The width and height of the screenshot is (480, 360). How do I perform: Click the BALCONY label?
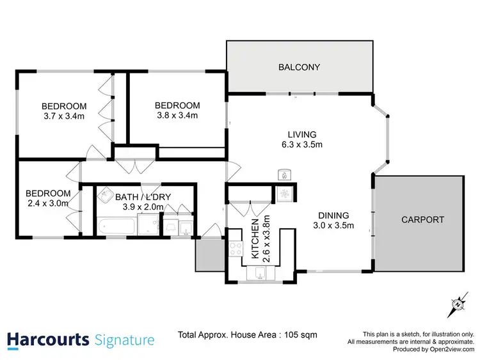(x=299, y=67)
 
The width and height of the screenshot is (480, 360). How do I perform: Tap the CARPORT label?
(x=422, y=219)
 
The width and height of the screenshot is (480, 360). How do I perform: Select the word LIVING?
(x=301, y=134)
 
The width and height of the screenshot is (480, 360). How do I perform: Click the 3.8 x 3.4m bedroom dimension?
(x=178, y=115)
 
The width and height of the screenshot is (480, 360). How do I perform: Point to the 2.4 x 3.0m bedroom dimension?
(x=48, y=203)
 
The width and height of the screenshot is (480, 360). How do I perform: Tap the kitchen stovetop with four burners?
(x=235, y=249)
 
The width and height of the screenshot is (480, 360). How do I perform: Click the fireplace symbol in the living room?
(x=283, y=174)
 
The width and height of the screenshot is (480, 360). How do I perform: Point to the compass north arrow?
(x=458, y=305)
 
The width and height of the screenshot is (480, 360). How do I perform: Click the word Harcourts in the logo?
(x=48, y=339)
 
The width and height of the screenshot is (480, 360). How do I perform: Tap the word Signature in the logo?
(x=124, y=340)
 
